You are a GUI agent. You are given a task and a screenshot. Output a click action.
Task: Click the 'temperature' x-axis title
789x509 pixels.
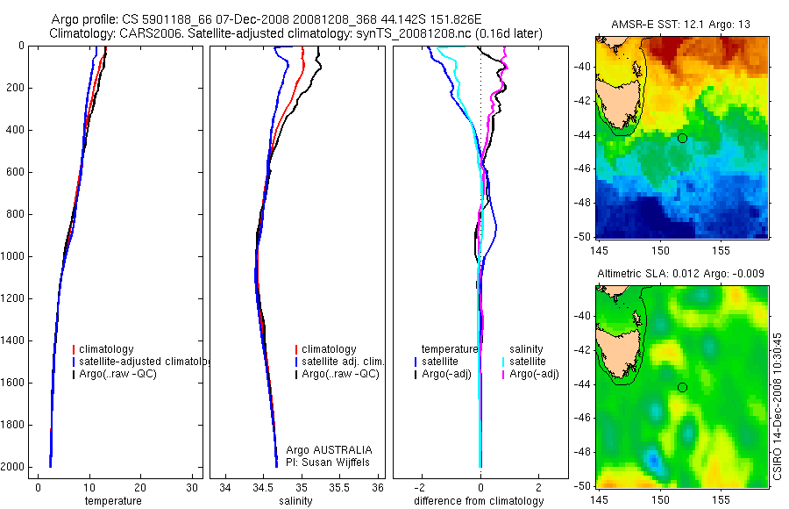[112, 501]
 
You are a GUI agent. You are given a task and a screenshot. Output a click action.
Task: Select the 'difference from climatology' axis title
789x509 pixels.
[479, 501]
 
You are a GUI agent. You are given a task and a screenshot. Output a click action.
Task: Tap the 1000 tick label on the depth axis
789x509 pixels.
[13, 256]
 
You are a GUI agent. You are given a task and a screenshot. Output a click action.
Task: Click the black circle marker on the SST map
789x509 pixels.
[682, 138]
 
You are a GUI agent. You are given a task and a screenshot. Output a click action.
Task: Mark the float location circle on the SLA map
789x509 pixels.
[682, 387]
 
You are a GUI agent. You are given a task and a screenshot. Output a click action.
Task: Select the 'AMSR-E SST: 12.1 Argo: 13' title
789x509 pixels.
[681, 23]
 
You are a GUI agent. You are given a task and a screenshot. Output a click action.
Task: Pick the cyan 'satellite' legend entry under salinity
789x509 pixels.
[530, 362]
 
